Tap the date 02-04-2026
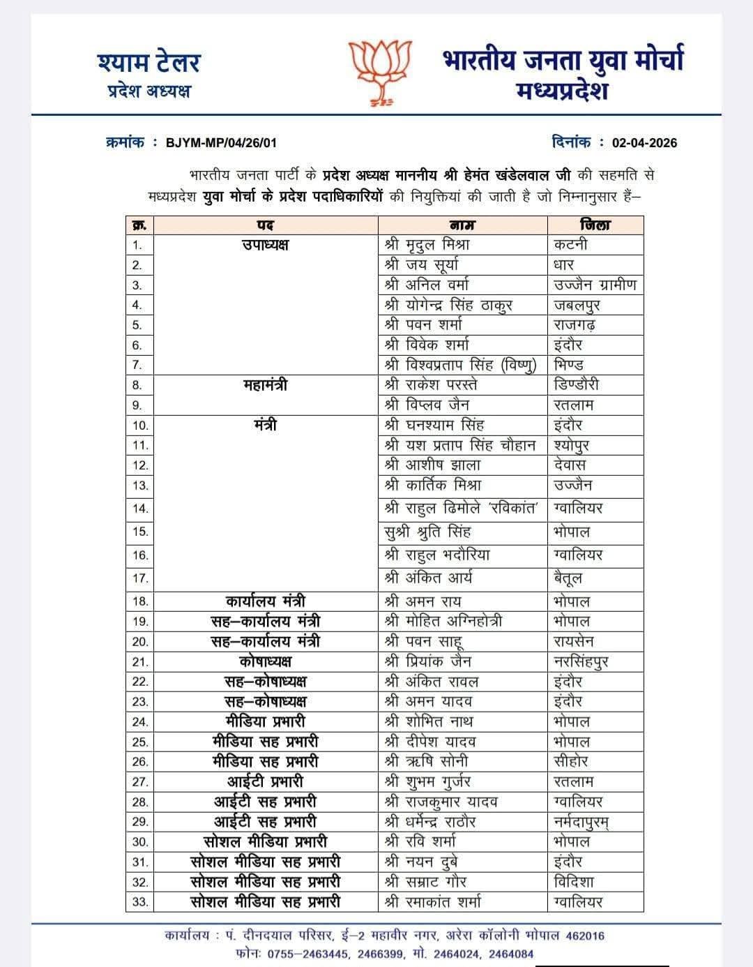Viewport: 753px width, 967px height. click(644, 143)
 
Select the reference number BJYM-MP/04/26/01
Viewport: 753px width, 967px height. click(221, 143)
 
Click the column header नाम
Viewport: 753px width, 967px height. click(462, 225)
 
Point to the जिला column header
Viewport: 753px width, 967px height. click(594, 225)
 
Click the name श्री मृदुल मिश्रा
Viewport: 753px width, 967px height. click(427, 245)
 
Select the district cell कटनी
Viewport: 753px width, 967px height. click(571, 245)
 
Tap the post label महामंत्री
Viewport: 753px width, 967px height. click(265, 385)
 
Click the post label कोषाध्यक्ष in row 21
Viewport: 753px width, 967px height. click(265, 661)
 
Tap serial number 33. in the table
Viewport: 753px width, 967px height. click(140, 902)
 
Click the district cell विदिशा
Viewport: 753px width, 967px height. click(574, 882)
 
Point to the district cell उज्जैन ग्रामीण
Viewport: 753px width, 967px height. click(595, 285)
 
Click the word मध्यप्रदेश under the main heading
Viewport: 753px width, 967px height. click(563, 91)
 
